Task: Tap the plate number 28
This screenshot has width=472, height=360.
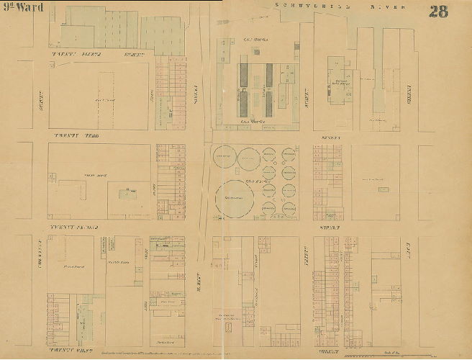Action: [438, 11]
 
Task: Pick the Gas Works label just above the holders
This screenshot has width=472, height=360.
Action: [253, 122]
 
